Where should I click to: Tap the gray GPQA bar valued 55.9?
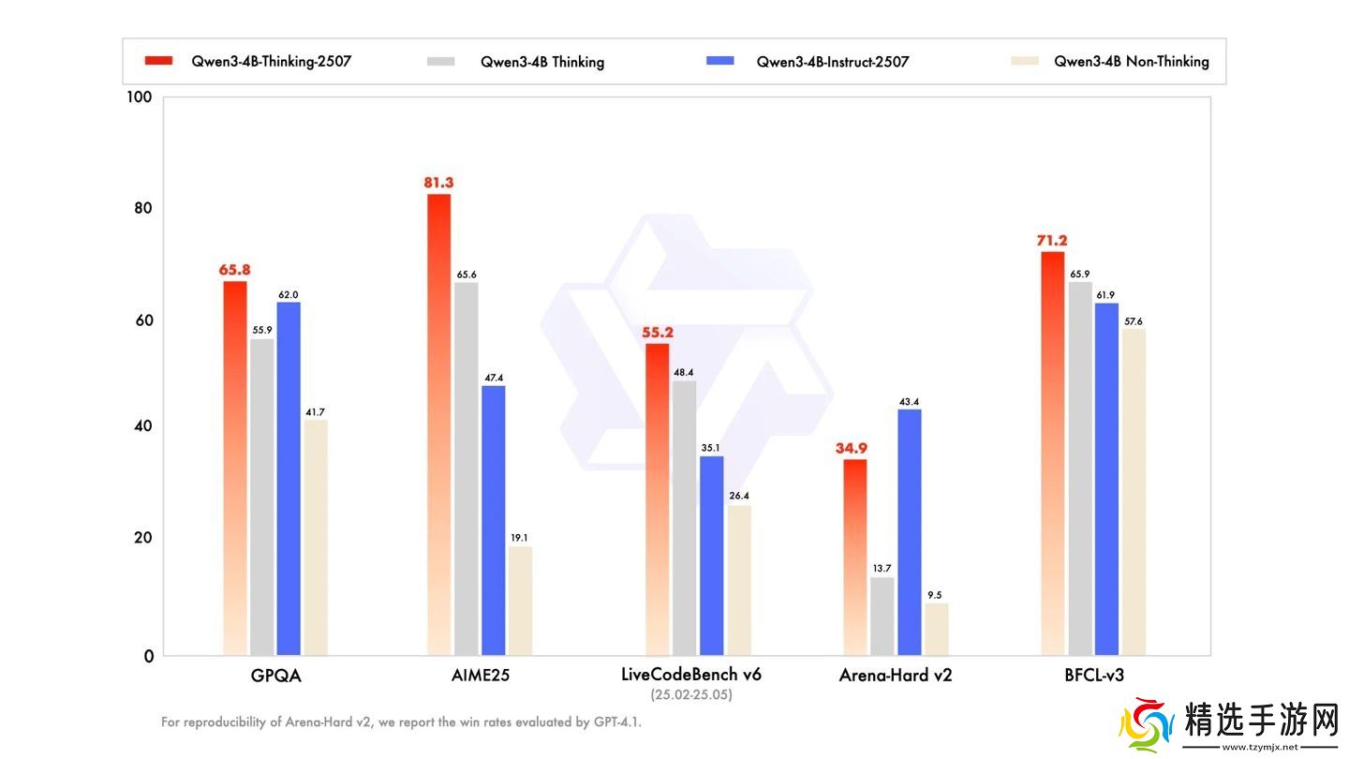tap(262, 497)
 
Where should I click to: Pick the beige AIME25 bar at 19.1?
tap(520, 601)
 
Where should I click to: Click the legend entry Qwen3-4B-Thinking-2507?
tap(272, 62)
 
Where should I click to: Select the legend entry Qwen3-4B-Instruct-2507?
tap(833, 62)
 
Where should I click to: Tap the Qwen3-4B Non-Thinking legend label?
tap(1131, 62)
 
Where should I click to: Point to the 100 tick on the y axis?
tap(140, 97)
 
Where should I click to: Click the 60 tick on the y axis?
tap(142, 320)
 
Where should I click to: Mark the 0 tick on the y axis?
tap(148, 656)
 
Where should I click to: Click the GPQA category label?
tap(275, 676)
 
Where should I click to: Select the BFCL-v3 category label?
tap(1093, 676)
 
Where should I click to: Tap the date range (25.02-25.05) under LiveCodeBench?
tap(691, 695)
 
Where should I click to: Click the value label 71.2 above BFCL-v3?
tap(1051, 241)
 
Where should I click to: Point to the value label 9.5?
tap(936, 595)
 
